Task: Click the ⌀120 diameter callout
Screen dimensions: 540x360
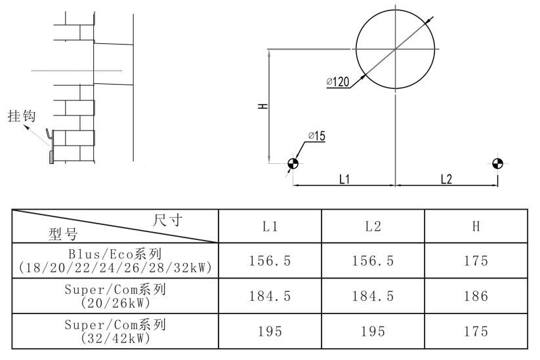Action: tap(338, 82)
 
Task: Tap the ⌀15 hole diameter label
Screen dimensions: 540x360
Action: tap(317, 136)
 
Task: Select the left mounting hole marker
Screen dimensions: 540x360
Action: tap(293, 163)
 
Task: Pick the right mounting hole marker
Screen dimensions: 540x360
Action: tap(497, 163)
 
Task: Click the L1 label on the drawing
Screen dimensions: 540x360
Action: tap(344, 179)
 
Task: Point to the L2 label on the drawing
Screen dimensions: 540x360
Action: tap(446, 179)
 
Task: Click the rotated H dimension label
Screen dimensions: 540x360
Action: tap(263, 106)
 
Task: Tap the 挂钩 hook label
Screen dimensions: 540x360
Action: tap(22, 115)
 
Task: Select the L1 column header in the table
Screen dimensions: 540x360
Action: tap(270, 226)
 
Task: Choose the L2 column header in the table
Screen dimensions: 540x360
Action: tap(373, 226)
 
